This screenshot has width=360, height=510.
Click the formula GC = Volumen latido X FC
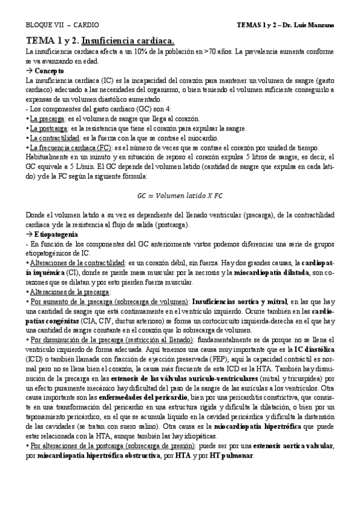tap(180, 196)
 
